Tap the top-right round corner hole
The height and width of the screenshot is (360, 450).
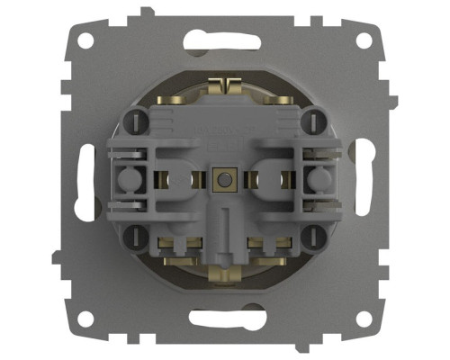tap(363, 41)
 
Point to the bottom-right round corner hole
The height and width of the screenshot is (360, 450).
tap(363, 319)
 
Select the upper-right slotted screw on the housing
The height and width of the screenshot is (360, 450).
tap(314, 120)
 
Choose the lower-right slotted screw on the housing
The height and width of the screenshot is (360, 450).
tap(314, 238)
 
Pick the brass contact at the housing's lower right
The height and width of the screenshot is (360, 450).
tap(267, 244)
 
